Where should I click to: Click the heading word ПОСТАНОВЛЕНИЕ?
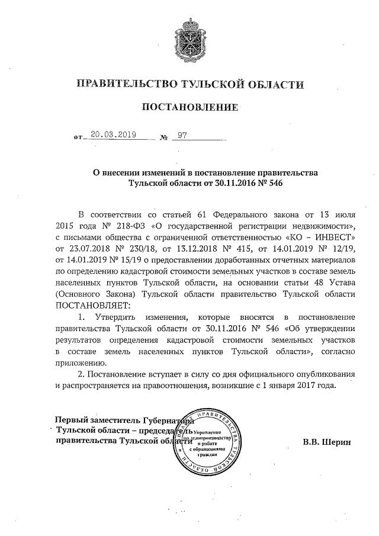coord(189,107)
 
